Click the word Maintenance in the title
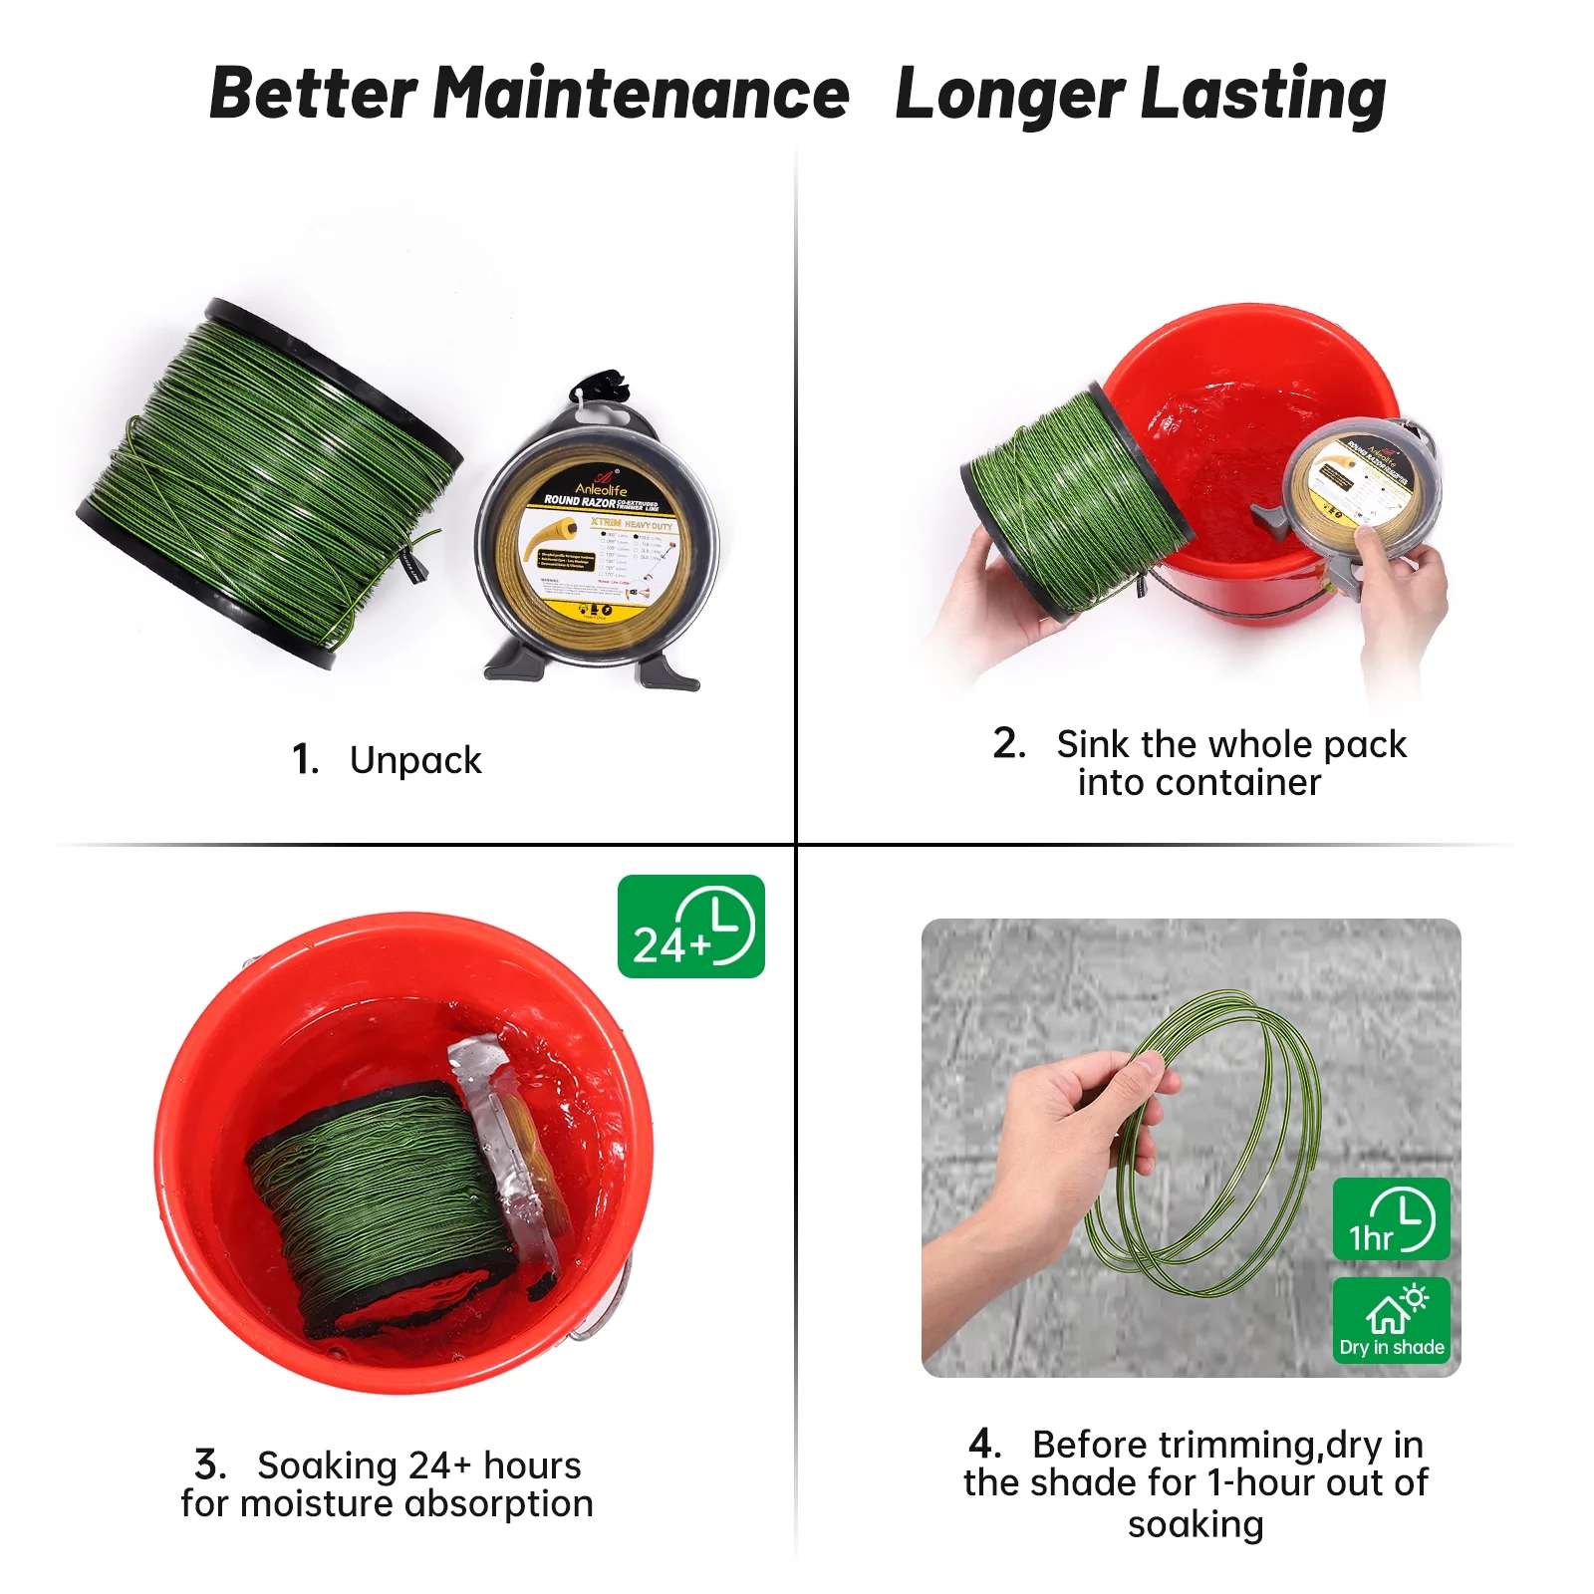tap(641, 95)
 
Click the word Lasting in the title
tap(1262, 95)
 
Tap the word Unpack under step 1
tap(415, 760)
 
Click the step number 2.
tap(1008, 743)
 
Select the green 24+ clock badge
tap(690, 927)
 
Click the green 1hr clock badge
tap(1391, 1219)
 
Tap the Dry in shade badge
tap(1391, 1320)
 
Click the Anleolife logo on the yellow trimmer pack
tap(601, 486)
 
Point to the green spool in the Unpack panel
tap(269, 483)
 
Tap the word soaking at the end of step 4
tap(1195, 1524)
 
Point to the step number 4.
tap(983, 1444)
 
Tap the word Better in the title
tap(313, 95)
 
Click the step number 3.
tap(210, 1464)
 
